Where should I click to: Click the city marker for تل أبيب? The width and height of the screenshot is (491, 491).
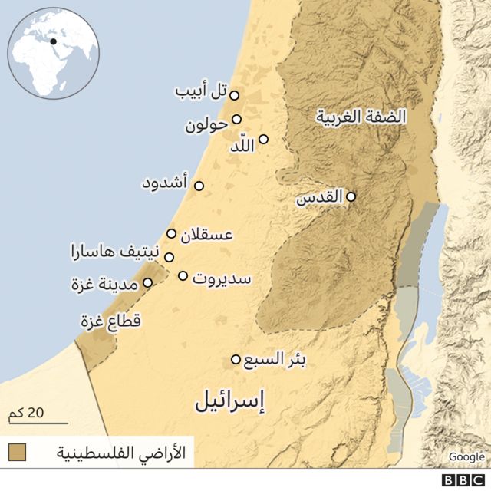(235, 95)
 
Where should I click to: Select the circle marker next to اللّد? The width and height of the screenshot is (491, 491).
(263, 140)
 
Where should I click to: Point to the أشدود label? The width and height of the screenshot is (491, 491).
(165, 184)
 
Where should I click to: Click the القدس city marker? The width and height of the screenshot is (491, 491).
(351, 196)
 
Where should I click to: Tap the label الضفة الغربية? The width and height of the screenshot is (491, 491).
(361, 117)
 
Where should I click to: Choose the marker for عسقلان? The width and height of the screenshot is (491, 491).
(171, 233)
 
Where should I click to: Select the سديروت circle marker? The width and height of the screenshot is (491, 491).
(183, 275)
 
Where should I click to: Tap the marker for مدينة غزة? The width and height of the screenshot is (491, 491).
(147, 282)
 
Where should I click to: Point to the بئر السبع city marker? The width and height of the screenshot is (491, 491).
(236, 359)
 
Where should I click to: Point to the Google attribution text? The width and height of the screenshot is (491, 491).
(466, 456)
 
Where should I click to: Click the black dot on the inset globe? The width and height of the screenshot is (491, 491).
(54, 41)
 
